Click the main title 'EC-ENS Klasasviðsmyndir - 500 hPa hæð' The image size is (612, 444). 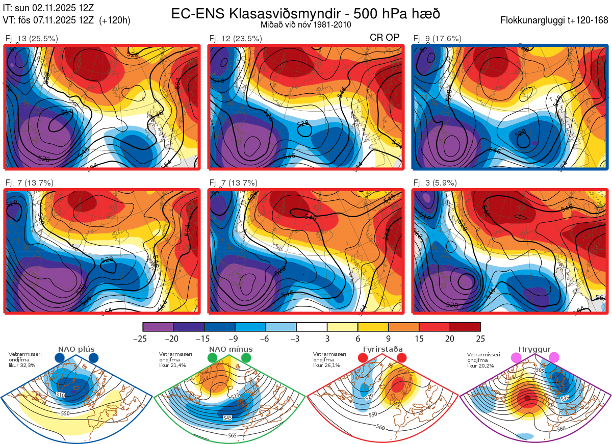305,13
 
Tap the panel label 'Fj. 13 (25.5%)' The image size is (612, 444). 32,38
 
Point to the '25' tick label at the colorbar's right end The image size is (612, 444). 480,338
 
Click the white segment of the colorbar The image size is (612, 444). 312,327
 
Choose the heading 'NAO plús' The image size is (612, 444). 76,349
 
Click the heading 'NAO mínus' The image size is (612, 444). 231,349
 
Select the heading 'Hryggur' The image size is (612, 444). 534,349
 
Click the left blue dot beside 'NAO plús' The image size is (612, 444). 60,358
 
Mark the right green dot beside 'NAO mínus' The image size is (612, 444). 246,358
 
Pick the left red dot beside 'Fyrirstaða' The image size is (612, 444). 363,358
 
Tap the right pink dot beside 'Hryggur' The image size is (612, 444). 554,358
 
